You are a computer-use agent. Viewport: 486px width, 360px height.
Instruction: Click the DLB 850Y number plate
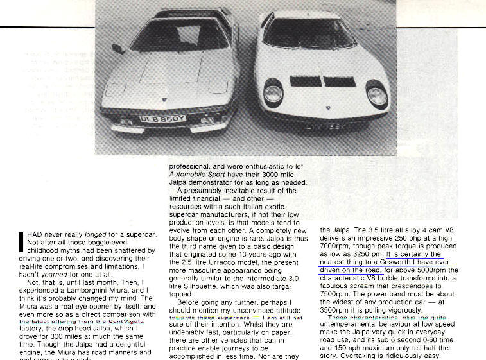162,118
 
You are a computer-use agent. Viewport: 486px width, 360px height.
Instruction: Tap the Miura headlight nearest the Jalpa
273,94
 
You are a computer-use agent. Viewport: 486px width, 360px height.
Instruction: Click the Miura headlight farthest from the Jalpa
377,96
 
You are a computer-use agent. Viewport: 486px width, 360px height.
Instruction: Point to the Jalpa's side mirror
118,49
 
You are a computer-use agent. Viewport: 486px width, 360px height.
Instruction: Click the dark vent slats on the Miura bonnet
322,81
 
